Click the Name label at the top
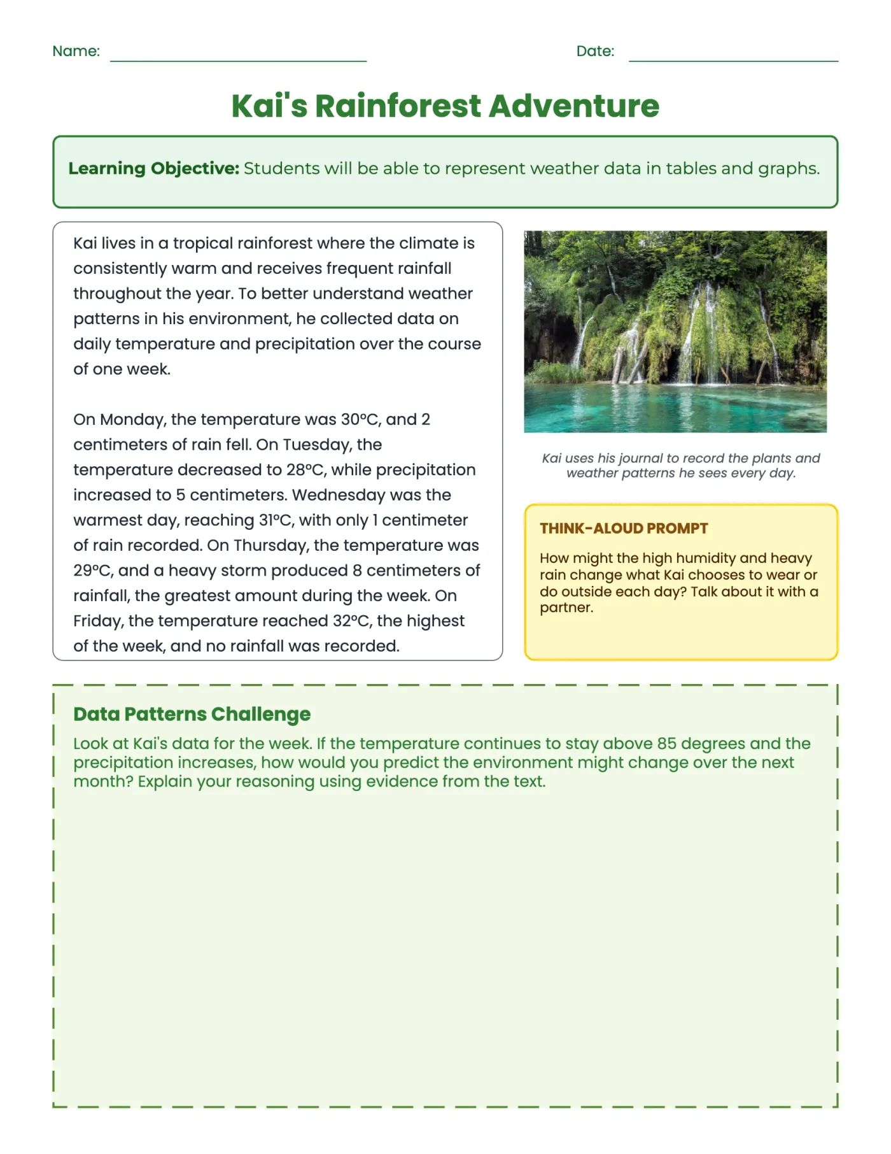76,51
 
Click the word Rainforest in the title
398,106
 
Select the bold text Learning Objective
153,168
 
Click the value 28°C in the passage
306,469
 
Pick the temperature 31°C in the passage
276,520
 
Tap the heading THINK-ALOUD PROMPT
623,528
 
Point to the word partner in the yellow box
565,608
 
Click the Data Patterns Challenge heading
192,714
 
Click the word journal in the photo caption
640,458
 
